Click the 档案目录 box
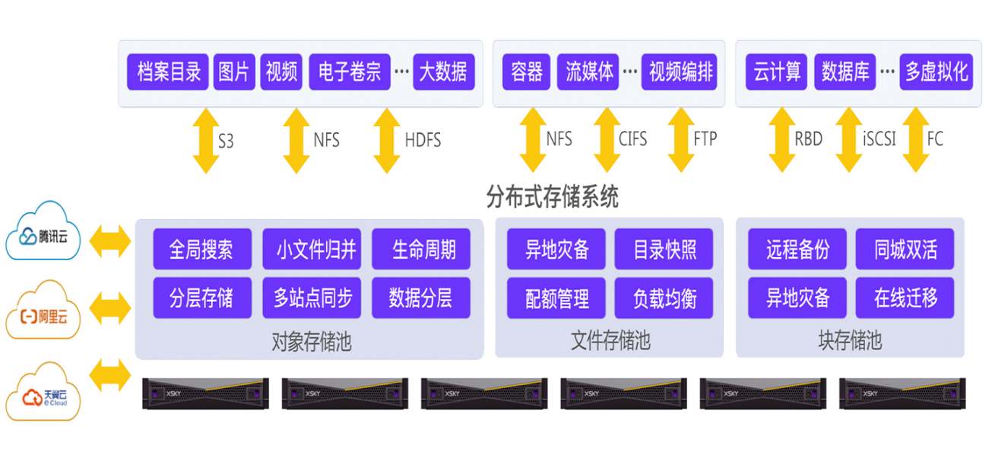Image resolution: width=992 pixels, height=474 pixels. pos(169,72)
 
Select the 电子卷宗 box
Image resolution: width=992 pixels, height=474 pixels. pos(350,72)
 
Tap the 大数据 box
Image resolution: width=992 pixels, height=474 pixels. pos(444,72)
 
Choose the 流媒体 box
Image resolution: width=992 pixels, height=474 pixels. pos(588,72)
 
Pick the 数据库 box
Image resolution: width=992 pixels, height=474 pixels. pos(845,72)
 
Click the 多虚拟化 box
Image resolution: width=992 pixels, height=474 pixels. pos(936,72)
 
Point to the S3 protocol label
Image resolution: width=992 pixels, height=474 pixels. pos(226,141)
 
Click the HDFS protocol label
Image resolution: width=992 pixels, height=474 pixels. pos(422,141)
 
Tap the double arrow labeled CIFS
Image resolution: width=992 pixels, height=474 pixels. pos(606,140)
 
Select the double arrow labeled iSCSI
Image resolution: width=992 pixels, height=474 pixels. pos(848,140)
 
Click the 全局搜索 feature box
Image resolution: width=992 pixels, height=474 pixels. pos(201,250)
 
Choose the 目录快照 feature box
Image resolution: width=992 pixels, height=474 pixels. pos(664,250)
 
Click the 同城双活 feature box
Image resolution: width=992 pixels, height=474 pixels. pos(905,250)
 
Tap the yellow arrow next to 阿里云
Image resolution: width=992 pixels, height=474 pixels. pos(109,309)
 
